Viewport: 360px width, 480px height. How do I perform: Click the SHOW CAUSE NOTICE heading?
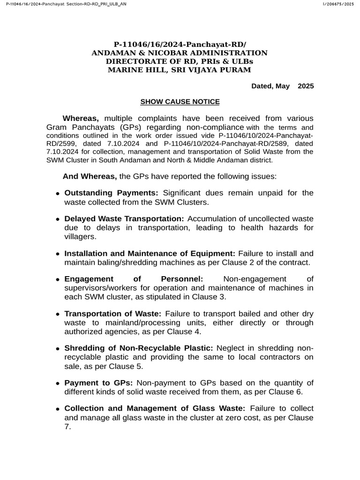(180, 102)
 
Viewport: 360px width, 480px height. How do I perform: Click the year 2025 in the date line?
(306, 86)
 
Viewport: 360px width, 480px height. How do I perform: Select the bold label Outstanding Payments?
(112, 193)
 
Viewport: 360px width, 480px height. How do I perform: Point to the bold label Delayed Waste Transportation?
(124, 219)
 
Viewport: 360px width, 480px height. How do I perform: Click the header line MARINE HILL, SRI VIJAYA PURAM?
(180, 70)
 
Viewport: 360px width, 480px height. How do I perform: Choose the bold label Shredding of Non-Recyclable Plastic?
(139, 348)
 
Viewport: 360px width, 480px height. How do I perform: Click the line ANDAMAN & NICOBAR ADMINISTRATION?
(180, 53)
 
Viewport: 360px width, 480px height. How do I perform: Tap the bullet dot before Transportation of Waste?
(58, 314)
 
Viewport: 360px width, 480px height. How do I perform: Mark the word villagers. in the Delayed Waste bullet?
(80, 237)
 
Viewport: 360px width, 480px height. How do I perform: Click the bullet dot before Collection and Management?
(58, 409)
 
